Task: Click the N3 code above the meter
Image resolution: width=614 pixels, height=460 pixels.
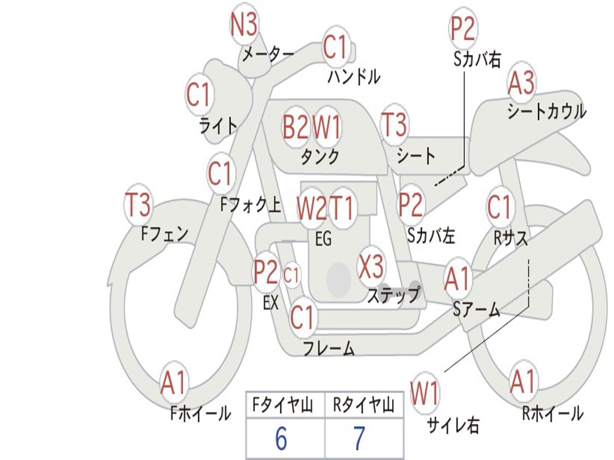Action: (x=244, y=24)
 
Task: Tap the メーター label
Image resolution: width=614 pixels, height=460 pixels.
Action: (x=268, y=54)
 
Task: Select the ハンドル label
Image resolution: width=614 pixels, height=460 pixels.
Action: (x=354, y=76)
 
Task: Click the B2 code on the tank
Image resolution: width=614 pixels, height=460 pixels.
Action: (x=295, y=127)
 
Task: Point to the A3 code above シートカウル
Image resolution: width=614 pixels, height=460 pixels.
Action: (x=521, y=83)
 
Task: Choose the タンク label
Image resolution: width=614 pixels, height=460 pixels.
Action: (x=320, y=156)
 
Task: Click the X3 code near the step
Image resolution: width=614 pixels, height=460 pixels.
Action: (x=371, y=265)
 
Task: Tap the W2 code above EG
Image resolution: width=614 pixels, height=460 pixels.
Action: (x=312, y=208)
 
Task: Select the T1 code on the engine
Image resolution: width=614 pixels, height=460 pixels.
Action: (x=342, y=207)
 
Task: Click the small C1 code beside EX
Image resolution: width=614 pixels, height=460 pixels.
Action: (x=291, y=275)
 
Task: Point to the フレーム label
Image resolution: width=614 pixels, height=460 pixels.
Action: (x=329, y=349)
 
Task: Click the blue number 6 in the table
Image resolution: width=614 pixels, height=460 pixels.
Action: (x=281, y=438)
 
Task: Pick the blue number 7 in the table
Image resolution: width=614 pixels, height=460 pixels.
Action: (x=360, y=438)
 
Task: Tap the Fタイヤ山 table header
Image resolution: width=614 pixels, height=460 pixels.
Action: (x=282, y=405)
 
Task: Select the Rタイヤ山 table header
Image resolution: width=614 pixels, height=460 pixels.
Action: (x=363, y=405)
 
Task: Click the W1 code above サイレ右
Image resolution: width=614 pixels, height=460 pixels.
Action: (x=425, y=392)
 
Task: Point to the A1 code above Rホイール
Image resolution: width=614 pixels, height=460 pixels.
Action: (x=522, y=382)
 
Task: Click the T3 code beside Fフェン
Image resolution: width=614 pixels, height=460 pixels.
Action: (x=138, y=205)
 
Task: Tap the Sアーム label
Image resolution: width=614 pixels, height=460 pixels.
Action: (x=476, y=310)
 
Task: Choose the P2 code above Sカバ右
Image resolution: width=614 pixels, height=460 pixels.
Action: (x=462, y=29)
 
